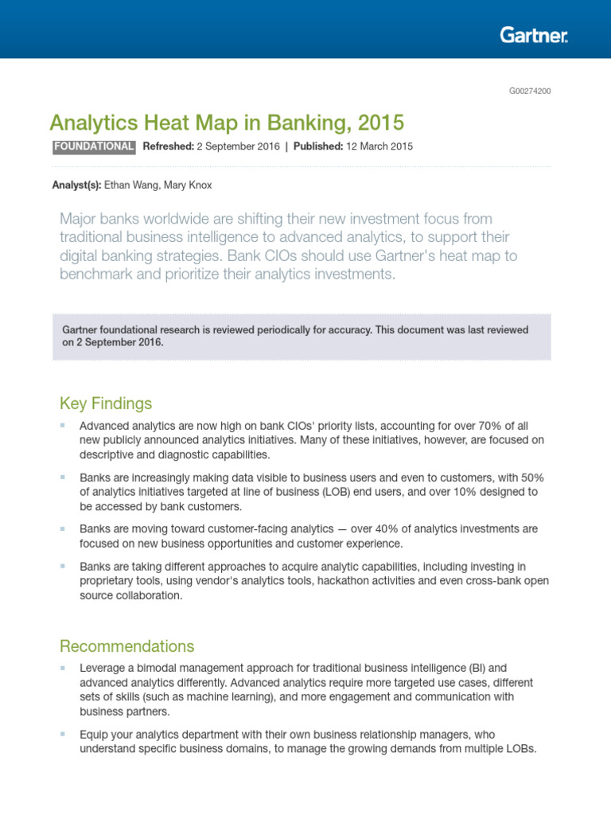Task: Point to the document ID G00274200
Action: pyautogui.click(x=530, y=91)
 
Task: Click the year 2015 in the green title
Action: pyautogui.click(x=381, y=123)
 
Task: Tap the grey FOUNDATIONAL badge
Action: pyautogui.click(x=93, y=146)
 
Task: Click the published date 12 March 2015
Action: pyautogui.click(x=379, y=146)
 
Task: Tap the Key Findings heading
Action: pyautogui.click(x=105, y=404)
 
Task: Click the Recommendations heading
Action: pyautogui.click(x=126, y=645)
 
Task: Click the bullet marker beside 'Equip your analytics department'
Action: pyautogui.click(x=62, y=734)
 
